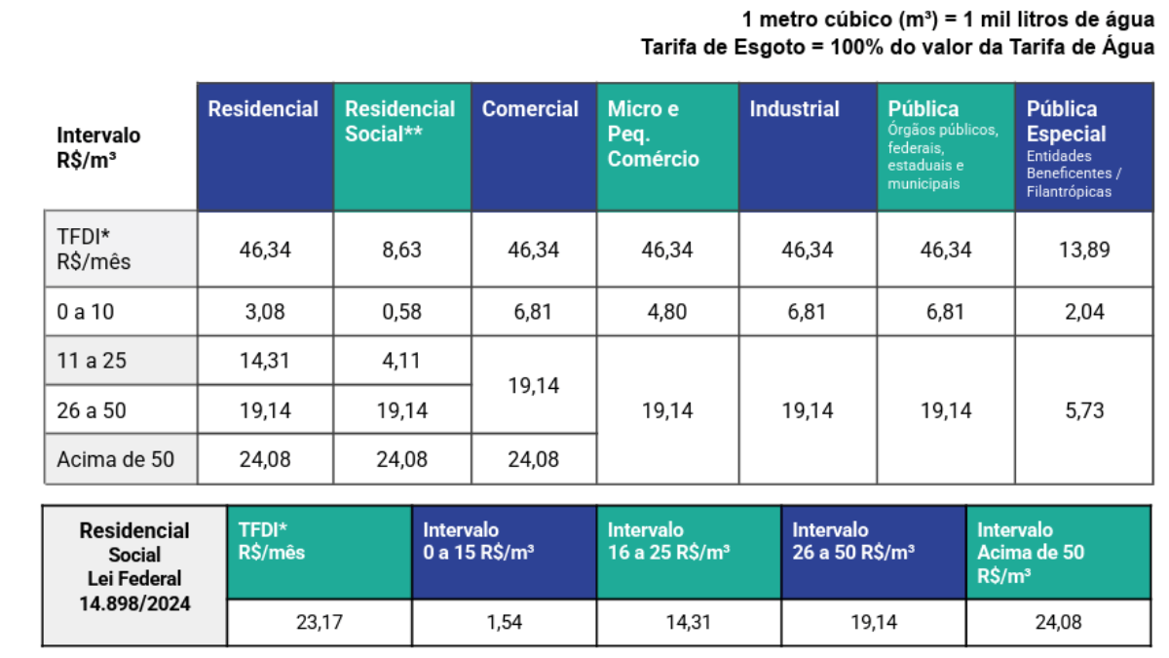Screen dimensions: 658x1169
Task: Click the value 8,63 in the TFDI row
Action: [401, 251]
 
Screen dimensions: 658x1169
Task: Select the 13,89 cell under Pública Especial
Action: [1084, 251]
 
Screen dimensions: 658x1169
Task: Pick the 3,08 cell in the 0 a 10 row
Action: [265, 313]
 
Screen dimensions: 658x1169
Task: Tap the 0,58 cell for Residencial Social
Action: [401, 313]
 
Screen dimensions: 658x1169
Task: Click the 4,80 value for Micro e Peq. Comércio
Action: [667, 313]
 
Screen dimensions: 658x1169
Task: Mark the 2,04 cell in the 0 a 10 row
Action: [1084, 313]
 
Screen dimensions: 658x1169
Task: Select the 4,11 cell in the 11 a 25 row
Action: [401, 361]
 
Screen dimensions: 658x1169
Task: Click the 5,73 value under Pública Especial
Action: [1084, 410]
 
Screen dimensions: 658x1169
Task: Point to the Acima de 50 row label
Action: [116, 459]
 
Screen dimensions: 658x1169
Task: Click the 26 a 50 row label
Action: [92, 410]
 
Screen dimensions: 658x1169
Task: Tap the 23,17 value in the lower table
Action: [320, 622]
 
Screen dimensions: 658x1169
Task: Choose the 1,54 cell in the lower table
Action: [505, 622]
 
